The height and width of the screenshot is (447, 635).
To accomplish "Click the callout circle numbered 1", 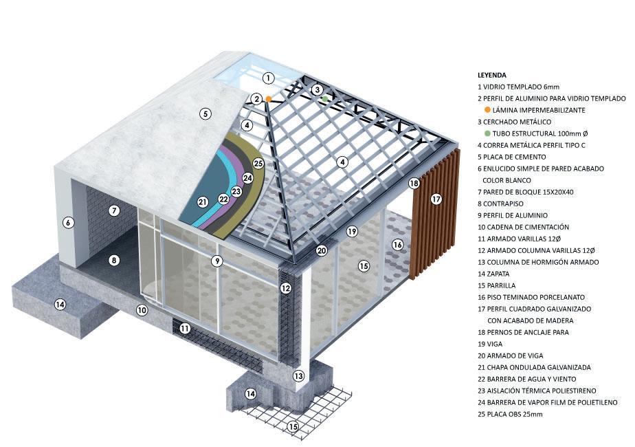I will tap(268, 78).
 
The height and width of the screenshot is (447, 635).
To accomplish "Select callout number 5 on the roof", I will tap(205, 114).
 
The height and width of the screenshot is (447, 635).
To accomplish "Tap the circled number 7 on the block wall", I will tap(114, 210).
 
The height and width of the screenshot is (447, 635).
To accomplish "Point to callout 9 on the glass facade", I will tap(216, 261).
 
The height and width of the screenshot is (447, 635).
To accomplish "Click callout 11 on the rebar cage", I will tap(185, 329).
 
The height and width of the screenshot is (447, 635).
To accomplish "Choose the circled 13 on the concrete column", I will tap(298, 375).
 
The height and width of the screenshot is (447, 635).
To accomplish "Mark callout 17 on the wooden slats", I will tap(436, 199).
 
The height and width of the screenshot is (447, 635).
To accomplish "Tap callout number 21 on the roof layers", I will tap(202, 201).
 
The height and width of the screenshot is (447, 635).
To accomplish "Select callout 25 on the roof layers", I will tap(258, 164).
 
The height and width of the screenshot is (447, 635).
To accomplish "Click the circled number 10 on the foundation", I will tap(142, 310).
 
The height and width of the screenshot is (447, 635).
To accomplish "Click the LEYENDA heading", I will tap(492, 75).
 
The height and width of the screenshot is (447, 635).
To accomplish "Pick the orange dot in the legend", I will tap(487, 110).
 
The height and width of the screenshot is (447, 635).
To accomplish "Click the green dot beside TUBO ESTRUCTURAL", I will tap(487, 133).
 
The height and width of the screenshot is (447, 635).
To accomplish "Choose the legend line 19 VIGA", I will tap(495, 344).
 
